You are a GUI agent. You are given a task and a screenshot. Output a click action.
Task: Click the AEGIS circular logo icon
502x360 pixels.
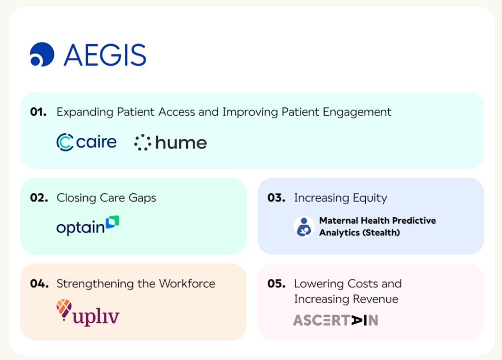click(x=42, y=54)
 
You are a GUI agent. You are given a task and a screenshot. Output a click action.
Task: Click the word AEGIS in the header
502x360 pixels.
click(x=105, y=55)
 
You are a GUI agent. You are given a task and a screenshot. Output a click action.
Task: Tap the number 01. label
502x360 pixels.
click(x=38, y=112)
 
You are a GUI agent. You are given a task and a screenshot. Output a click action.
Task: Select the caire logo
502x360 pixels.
click(x=86, y=142)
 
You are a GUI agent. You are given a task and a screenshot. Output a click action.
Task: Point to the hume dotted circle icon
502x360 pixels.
click(x=143, y=143)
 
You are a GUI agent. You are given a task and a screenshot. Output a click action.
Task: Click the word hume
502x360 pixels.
click(x=181, y=143)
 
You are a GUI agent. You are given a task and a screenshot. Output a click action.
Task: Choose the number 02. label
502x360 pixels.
click(x=39, y=198)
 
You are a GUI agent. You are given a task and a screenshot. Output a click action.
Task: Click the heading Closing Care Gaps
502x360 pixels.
click(x=106, y=198)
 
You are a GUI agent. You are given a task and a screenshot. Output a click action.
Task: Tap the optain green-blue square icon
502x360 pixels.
click(x=113, y=222)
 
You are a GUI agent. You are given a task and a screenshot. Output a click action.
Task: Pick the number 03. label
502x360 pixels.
click(x=276, y=198)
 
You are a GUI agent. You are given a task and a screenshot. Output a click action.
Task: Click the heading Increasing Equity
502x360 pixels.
click(x=341, y=198)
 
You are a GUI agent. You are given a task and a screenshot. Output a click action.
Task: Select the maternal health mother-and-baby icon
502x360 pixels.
click(x=304, y=227)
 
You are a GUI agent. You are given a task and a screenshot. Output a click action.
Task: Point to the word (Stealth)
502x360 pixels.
click(x=381, y=232)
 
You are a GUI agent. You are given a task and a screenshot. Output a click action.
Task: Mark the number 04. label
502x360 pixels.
click(x=39, y=283)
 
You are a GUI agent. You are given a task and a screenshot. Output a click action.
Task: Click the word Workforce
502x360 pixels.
click(x=187, y=284)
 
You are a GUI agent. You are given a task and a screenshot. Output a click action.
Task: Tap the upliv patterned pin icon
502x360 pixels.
click(x=64, y=309)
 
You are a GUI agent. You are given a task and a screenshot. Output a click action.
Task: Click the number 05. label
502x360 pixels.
click(x=276, y=283)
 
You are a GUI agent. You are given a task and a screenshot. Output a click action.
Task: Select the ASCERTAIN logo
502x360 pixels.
click(x=336, y=320)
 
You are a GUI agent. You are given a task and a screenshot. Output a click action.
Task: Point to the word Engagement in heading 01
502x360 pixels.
click(x=357, y=112)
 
